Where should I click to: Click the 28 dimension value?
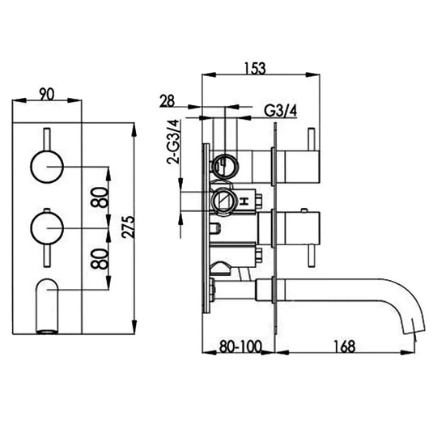(168, 101)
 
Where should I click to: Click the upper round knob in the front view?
(46, 168)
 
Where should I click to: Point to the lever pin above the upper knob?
(46, 137)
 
